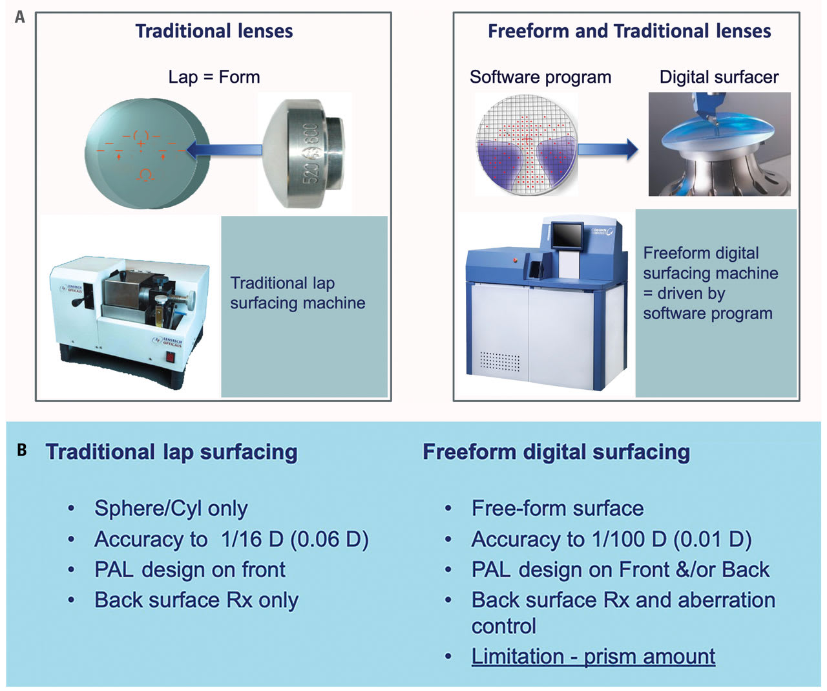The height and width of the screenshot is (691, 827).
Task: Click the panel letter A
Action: click(20, 17)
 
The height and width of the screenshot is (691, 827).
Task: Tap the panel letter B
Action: click(22, 450)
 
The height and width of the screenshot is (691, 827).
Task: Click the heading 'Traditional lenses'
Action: click(214, 31)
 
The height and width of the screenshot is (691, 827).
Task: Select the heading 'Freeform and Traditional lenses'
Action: click(629, 31)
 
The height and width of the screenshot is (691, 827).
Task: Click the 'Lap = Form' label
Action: click(214, 77)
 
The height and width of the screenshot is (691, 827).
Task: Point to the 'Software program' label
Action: click(540, 77)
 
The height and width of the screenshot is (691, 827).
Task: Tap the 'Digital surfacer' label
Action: click(718, 77)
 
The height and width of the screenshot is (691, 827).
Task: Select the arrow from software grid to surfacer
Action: click(607, 149)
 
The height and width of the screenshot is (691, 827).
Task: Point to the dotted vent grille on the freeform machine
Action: click(499, 362)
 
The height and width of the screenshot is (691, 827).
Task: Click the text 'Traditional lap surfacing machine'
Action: click(297, 293)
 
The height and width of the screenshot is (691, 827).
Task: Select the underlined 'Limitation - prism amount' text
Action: click(593, 656)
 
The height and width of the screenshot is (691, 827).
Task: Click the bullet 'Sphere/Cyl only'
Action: click(171, 508)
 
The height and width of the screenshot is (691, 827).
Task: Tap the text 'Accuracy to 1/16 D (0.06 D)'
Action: click(231, 539)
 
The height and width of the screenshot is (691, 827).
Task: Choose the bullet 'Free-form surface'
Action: click(557, 508)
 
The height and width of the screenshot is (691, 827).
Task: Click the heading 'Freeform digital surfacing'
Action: click(556, 451)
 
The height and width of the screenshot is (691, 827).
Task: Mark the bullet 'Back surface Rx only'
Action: click(196, 600)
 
